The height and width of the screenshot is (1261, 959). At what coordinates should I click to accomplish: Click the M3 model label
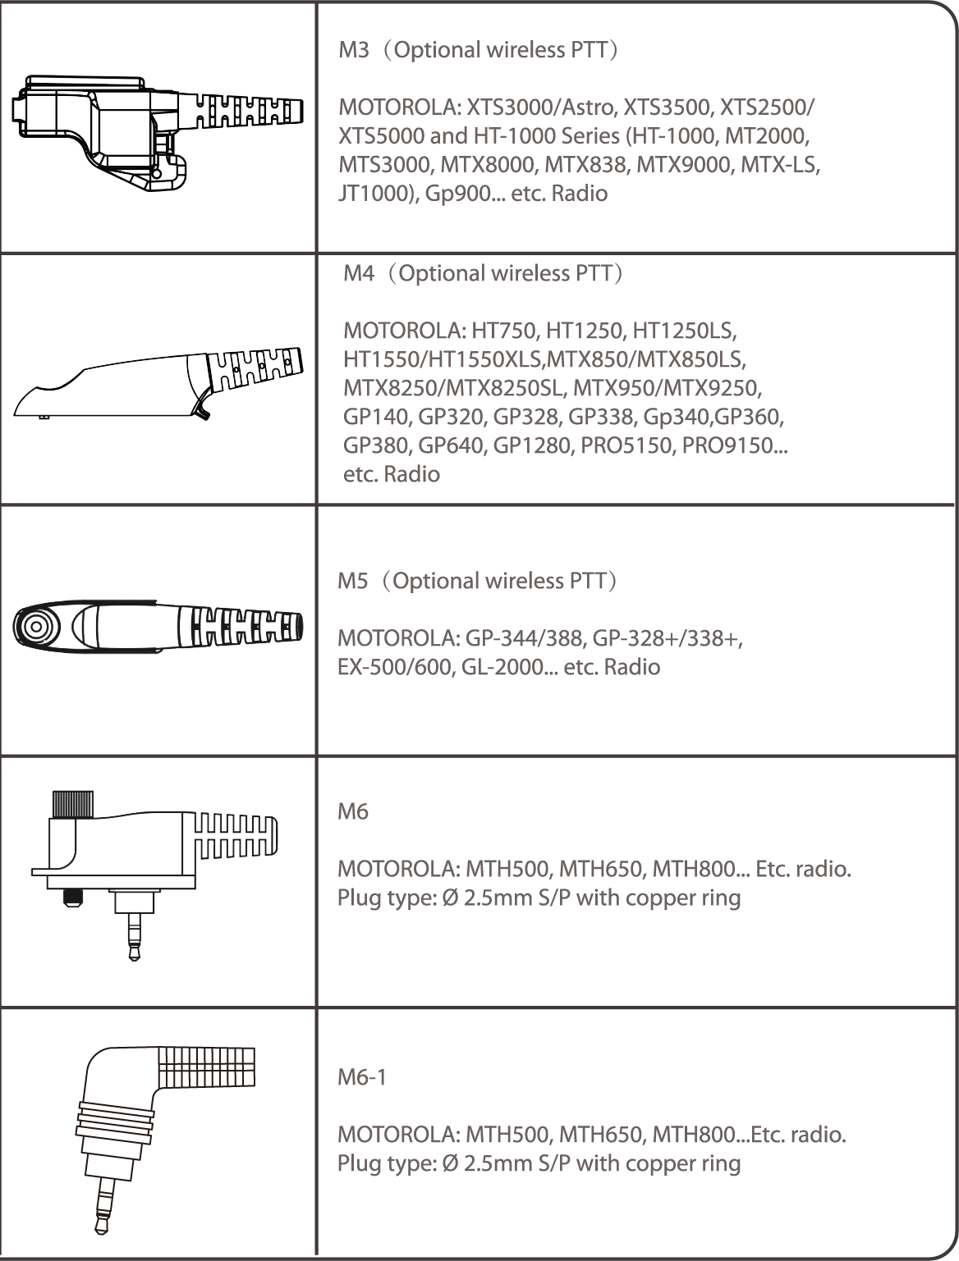coord(354,50)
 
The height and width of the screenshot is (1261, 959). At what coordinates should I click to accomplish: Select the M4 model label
coord(359,273)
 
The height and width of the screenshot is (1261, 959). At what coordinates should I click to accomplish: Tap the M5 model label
coord(352,581)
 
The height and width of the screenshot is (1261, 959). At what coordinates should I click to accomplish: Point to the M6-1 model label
coord(362,1077)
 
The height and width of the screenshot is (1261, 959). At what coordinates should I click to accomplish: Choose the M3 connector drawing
coord(157,133)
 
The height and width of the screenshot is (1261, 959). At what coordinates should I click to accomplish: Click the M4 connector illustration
coord(158,382)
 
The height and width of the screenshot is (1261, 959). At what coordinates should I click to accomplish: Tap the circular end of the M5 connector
coord(35,626)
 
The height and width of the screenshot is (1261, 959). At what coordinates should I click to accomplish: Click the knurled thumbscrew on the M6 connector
coord(73,806)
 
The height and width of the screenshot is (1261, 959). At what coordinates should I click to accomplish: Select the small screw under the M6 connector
coord(71,898)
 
